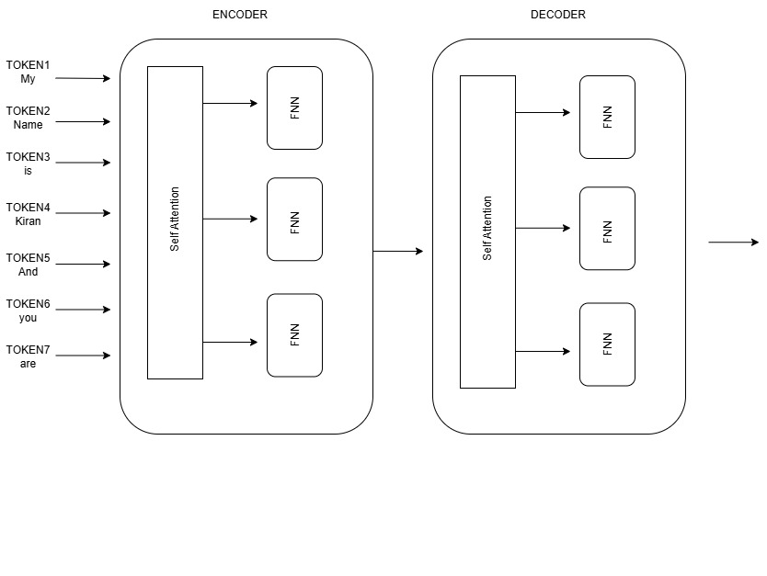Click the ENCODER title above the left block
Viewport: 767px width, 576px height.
(x=239, y=15)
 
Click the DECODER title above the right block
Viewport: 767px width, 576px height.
(x=557, y=15)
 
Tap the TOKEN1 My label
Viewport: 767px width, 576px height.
(x=28, y=72)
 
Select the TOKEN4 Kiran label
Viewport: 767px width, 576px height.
(x=28, y=214)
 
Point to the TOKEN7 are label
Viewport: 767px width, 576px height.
(x=28, y=356)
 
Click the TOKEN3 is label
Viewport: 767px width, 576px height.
(x=28, y=164)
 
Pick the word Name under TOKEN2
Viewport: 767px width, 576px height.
(x=28, y=125)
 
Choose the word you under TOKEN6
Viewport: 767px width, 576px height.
(x=28, y=318)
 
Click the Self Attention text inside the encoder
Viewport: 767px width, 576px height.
(x=175, y=220)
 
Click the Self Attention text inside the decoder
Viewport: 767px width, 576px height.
(x=487, y=228)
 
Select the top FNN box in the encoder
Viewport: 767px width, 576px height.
(x=294, y=108)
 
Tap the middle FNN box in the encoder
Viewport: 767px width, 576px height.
(x=294, y=220)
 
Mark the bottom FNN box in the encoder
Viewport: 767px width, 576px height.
(x=294, y=335)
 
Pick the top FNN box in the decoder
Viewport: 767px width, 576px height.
(x=607, y=118)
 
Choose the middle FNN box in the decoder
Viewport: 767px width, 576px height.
(x=607, y=229)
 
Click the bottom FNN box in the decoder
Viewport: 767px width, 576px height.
(x=607, y=344)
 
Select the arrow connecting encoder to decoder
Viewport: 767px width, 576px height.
(x=397, y=251)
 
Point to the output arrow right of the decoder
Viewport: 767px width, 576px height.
(x=733, y=243)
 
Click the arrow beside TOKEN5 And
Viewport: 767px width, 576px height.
(x=83, y=265)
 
